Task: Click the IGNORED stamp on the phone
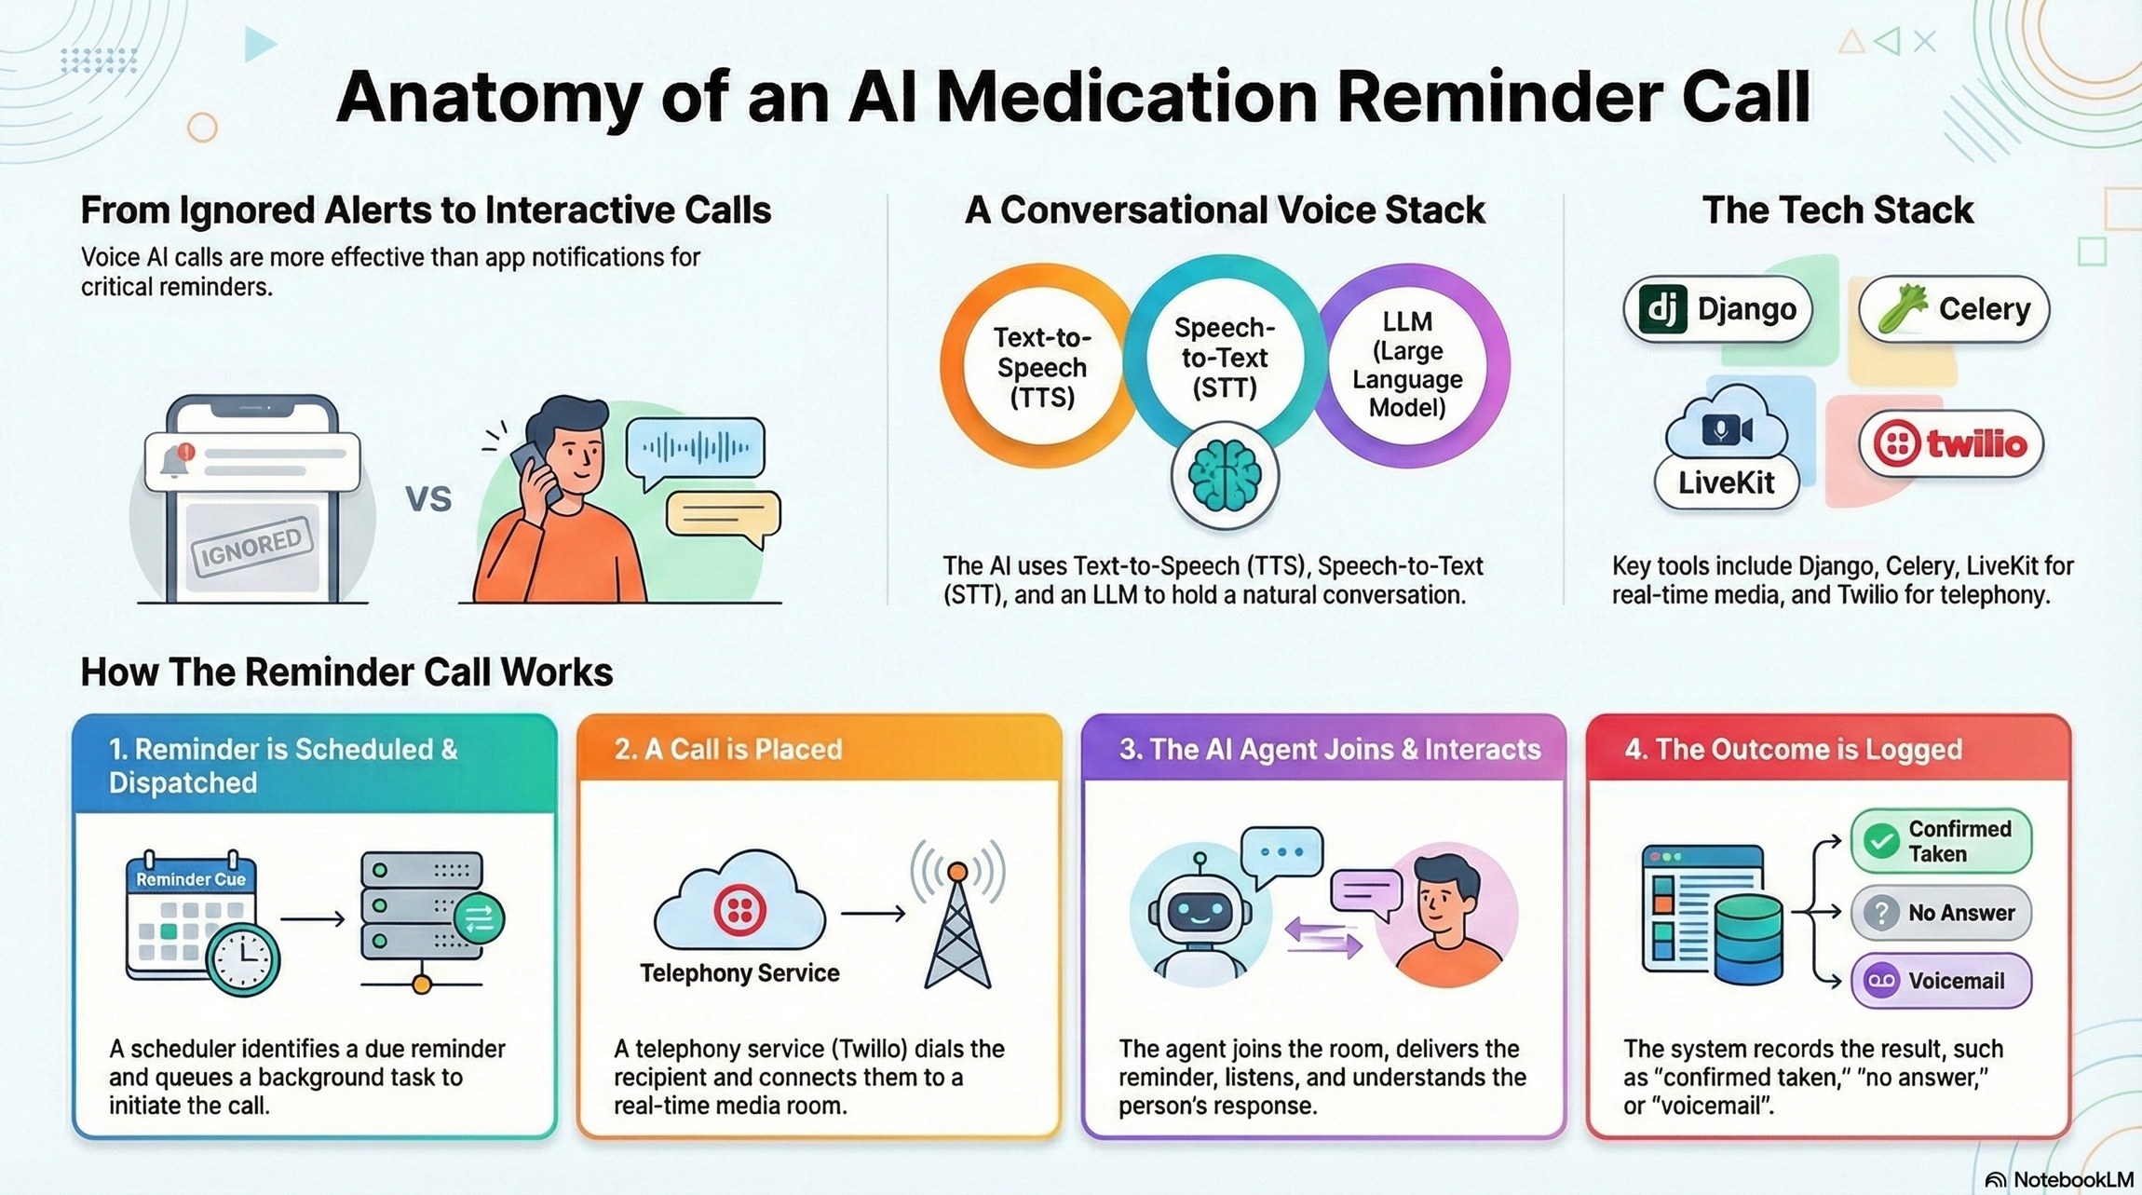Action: pyautogui.click(x=251, y=548)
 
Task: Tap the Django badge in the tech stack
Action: pyautogui.click(x=1717, y=309)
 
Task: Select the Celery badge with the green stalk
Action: pyautogui.click(x=1954, y=309)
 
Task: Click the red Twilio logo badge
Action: pyautogui.click(x=1951, y=444)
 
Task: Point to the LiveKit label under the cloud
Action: pyautogui.click(x=1726, y=482)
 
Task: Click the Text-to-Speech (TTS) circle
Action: pyautogui.click(x=1041, y=367)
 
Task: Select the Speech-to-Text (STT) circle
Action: pyautogui.click(x=1224, y=358)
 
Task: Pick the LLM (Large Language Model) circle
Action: pyautogui.click(x=1406, y=364)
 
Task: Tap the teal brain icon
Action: pyautogui.click(x=1224, y=476)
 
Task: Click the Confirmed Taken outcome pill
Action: pyautogui.click(x=1941, y=841)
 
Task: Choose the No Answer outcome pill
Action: pyautogui.click(x=1941, y=913)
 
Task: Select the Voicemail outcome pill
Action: pyautogui.click(x=1941, y=981)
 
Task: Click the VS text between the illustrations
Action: pyautogui.click(x=428, y=499)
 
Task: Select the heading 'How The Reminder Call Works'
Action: pyautogui.click(x=346, y=672)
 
